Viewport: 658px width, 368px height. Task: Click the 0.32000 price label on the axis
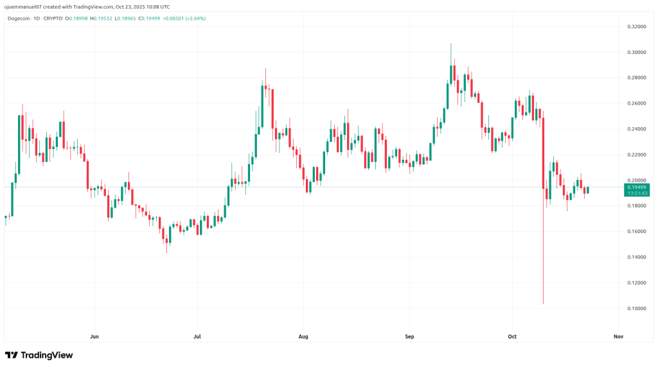tap(636, 26)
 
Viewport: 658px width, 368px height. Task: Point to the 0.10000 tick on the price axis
tap(636, 308)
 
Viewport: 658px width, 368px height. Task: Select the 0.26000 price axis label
tap(636, 103)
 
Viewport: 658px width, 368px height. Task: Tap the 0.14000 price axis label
tap(636, 257)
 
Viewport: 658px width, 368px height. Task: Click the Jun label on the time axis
tap(94, 336)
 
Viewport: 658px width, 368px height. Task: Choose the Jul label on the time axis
tap(197, 336)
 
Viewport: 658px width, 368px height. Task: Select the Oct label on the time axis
tap(512, 336)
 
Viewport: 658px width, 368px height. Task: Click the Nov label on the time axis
tap(618, 336)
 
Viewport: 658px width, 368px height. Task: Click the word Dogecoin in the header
tap(19, 18)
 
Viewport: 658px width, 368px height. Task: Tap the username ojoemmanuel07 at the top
tap(24, 6)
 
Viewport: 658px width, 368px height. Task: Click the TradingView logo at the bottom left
tap(39, 355)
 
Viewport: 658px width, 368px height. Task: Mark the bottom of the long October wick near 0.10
tap(544, 304)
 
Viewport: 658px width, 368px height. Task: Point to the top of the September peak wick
tap(451, 44)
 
